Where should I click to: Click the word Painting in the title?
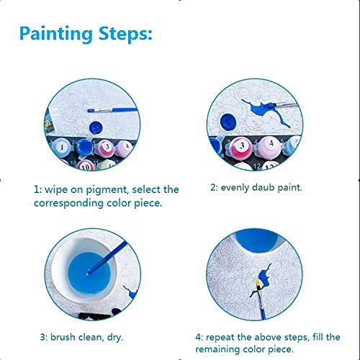point(56,34)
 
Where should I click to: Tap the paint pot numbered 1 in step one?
point(61,147)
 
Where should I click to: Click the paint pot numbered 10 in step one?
point(86,166)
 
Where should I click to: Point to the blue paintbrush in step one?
point(112,110)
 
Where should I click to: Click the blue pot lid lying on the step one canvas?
point(96,128)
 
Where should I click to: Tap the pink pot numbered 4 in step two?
point(271,146)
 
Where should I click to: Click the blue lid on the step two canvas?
point(228,122)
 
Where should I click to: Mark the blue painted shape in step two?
point(266,112)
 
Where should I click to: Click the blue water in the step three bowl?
point(89,273)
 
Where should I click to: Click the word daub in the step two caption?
point(263,187)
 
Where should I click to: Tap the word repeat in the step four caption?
point(220,338)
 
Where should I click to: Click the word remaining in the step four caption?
point(217,349)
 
